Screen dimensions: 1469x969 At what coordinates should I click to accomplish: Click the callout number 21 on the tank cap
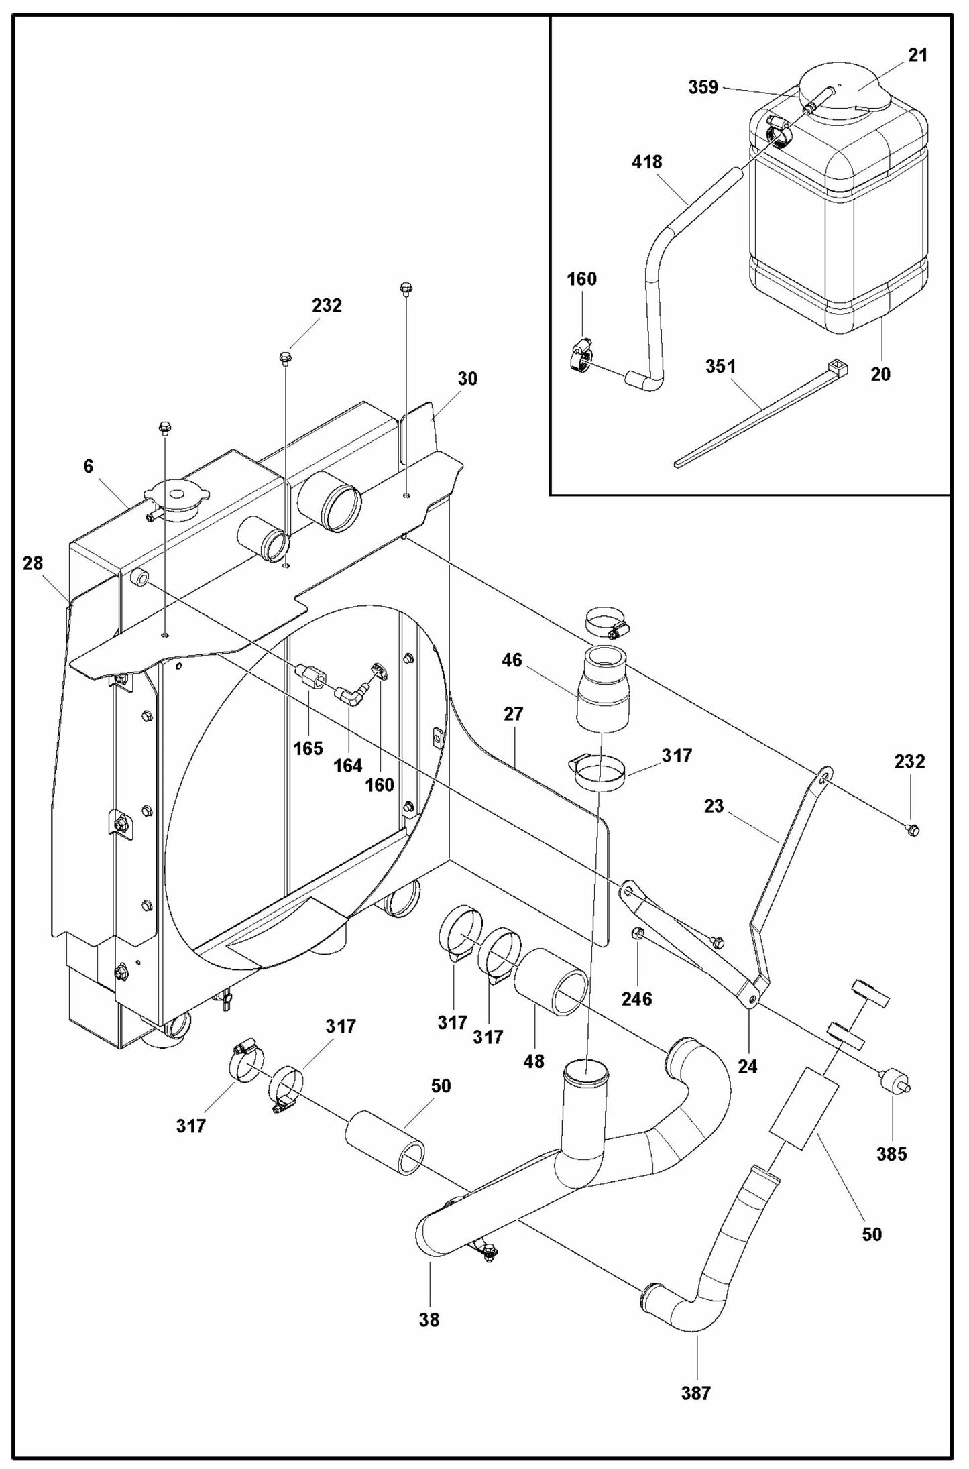point(917,55)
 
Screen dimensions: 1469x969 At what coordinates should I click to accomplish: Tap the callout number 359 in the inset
point(703,87)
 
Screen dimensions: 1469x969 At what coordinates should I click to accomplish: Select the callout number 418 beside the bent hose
point(646,162)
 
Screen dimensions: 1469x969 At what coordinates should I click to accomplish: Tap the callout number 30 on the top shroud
point(467,379)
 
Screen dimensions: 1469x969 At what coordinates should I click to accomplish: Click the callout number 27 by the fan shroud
point(513,714)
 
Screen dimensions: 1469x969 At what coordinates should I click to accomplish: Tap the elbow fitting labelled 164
point(351,695)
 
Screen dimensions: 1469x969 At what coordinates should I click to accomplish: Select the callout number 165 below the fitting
point(308,748)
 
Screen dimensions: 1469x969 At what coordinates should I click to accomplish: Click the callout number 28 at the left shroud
point(32,563)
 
